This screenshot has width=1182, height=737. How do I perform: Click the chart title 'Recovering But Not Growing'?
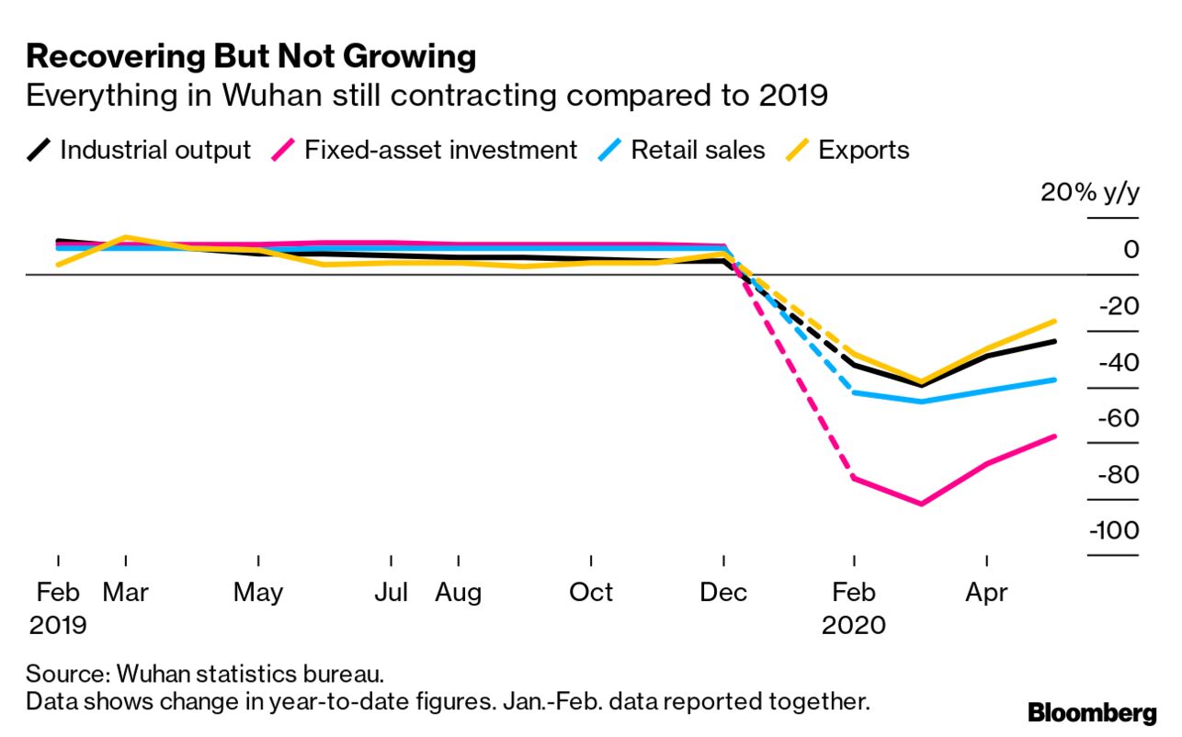pyautogui.click(x=251, y=57)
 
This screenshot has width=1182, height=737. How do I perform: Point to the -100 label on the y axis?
pyautogui.click(x=1113, y=531)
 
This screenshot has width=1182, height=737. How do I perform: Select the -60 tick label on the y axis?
pyautogui.click(x=1117, y=418)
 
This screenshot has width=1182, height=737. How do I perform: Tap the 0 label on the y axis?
pyautogui.click(x=1131, y=249)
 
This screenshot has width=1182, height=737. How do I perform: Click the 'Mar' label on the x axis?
pyautogui.click(x=125, y=593)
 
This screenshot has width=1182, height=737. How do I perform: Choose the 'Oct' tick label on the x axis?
pyautogui.click(x=591, y=593)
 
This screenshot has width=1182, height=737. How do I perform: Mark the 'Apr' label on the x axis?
pyautogui.click(x=986, y=593)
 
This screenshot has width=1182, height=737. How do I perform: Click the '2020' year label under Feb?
pyautogui.click(x=854, y=626)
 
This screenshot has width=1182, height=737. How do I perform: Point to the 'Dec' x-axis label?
pyautogui.click(x=723, y=593)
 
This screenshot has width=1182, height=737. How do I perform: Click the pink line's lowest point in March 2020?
pyautogui.click(x=920, y=504)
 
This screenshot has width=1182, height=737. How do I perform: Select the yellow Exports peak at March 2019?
pyautogui.click(x=126, y=237)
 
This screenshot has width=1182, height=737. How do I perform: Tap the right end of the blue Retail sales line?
pyautogui.click(x=1054, y=379)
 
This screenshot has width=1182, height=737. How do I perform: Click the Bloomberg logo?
pyautogui.click(x=1092, y=712)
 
